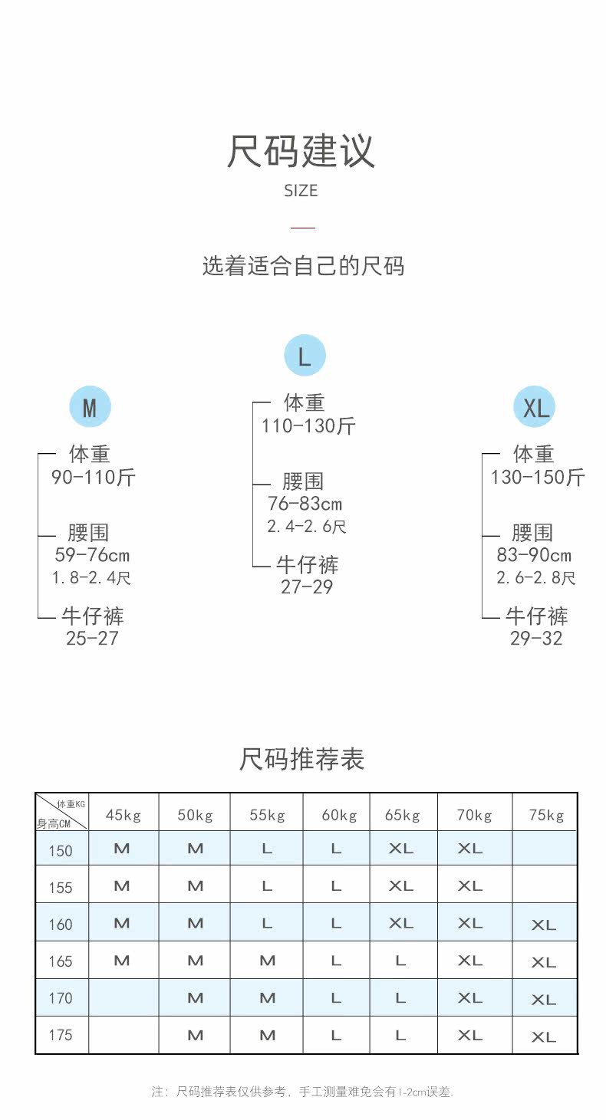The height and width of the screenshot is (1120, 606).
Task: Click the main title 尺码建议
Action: coord(301,151)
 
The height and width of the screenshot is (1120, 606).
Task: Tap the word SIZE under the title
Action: coord(301,191)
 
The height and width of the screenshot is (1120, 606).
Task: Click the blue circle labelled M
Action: coord(90,407)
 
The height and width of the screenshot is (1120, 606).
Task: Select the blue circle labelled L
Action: coord(305,356)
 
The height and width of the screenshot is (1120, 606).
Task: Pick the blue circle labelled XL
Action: coord(535,407)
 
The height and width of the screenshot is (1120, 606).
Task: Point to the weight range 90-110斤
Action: coord(94,478)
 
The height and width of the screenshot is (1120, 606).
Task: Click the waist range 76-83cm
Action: coord(305,504)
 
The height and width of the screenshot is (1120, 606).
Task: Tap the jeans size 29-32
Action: coord(536,639)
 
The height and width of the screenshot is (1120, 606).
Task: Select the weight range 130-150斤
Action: coord(538,478)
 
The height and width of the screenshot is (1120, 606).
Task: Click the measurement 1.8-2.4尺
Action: coord(92,578)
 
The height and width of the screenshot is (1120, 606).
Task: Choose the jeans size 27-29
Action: coord(307,587)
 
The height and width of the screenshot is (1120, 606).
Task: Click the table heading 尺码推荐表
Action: coord(301,759)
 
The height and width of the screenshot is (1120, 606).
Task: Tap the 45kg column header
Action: coord(124,815)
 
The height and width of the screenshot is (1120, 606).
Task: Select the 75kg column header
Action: coord(546,815)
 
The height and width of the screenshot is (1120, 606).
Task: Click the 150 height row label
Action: coord(61,851)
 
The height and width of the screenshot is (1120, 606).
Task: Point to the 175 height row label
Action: coord(61,1036)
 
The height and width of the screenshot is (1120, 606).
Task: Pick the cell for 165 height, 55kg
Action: coord(267,961)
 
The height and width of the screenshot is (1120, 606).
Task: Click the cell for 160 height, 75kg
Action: coord(544,925)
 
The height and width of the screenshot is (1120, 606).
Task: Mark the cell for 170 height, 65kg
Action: coord(400,998)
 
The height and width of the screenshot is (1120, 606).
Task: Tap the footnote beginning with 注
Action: coord(302,1092)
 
